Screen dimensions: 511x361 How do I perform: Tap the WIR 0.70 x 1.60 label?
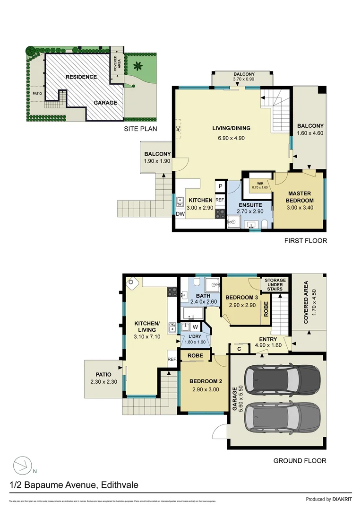click(260, 185)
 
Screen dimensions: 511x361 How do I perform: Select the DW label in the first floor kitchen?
click(180, 214)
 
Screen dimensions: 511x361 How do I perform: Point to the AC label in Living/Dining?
click(178, 128)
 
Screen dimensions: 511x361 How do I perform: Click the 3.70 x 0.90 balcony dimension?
click(244, 79)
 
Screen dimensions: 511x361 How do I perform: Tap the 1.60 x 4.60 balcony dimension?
click(310, 133)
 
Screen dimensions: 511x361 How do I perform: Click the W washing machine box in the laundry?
click(195, 326)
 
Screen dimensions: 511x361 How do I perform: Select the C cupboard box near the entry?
click(240, 349)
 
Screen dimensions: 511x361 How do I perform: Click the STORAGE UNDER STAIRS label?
click(274, 284)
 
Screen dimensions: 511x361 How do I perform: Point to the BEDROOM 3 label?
click(241, 297)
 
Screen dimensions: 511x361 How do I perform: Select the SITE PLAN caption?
click(140, 128)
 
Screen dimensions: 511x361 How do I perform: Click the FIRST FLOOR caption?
click(305, 240)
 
